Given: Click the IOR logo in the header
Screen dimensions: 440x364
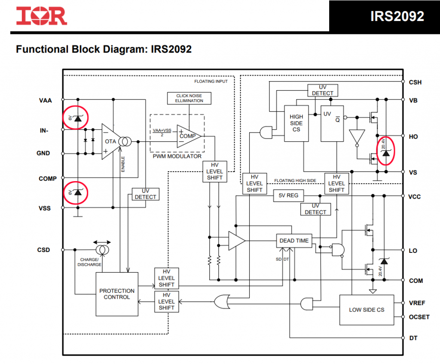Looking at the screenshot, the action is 42,16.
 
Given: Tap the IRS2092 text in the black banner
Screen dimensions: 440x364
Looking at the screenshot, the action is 397,16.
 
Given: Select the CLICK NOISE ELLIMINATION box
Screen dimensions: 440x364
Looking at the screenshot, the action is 189,98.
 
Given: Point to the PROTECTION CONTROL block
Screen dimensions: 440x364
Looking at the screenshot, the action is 117,294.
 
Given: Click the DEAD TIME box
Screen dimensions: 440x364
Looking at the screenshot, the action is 294,241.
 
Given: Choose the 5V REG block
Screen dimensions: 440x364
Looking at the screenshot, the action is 288,195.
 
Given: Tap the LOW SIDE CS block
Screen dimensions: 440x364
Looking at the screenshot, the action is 367,310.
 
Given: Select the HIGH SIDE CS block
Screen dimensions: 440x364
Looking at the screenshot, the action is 296,123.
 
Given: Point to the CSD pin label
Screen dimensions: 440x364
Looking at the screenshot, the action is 43,250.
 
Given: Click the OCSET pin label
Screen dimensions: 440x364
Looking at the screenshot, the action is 419,317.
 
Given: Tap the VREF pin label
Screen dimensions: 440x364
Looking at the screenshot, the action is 417,303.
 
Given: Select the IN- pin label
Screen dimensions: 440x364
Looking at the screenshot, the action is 44,130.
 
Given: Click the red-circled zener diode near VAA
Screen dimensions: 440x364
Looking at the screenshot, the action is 76,118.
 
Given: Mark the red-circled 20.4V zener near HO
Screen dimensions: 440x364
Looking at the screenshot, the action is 385,151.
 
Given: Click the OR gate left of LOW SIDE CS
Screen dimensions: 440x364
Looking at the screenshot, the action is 222,302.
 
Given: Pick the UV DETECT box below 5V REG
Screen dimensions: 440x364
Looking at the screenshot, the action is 316,209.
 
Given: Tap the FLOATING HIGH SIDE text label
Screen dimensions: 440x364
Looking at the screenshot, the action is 295,181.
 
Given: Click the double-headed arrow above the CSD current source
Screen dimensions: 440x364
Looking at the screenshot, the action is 102,242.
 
